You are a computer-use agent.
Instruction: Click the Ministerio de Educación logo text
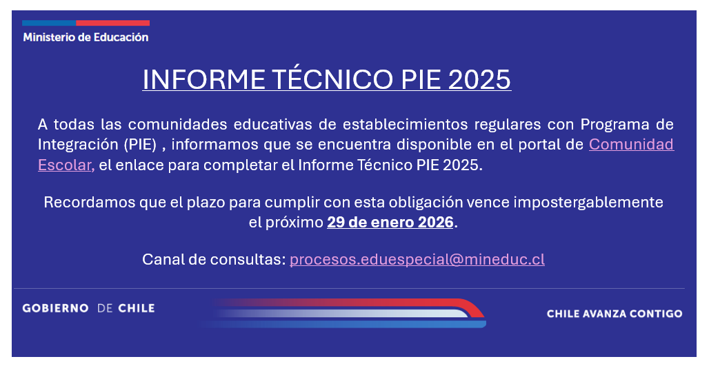coord(86,37)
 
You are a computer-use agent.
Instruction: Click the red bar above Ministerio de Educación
coord(112,23)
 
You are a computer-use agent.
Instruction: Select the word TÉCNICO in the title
coord(333,79)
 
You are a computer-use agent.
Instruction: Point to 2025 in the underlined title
coord(479,79)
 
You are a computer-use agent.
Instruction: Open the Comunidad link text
coord(631,144)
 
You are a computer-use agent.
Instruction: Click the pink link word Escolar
coord(66,165)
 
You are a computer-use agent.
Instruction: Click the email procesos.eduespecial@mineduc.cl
coord(417,260)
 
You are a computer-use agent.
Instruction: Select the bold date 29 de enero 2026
coord(390,222)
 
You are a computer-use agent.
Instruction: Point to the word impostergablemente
coord(588,203)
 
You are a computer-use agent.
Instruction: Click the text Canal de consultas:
coord(214,260)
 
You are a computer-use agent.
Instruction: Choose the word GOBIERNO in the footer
coord(56,309)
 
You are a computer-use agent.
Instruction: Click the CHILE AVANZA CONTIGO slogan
coord(615,314)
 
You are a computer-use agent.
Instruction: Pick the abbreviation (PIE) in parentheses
coord(140,145)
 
